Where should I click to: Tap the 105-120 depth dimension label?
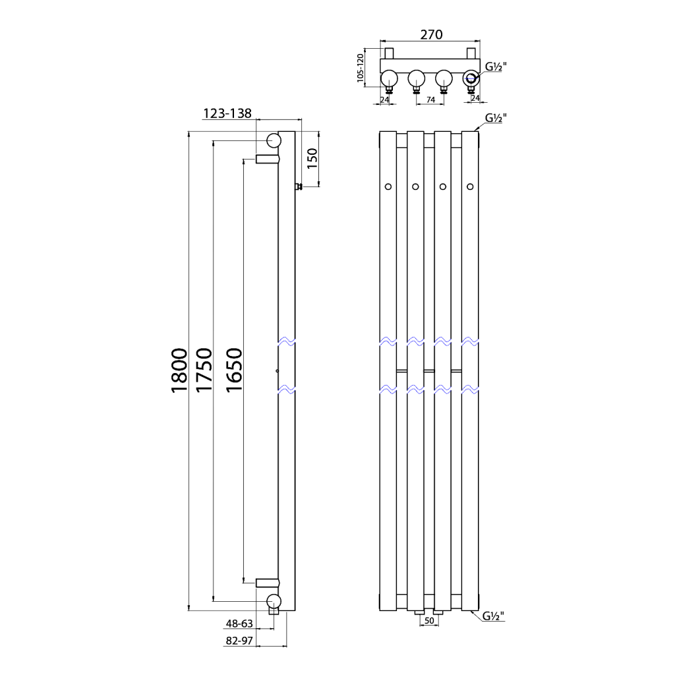tap(361, 68)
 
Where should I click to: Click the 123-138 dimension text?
tap(227, 113)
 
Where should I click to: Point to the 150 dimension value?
tap(312, 159)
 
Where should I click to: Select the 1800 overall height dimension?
tap(180, 370)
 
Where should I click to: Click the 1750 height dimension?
tap(204, 370)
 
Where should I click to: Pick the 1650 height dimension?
tap(235, 370)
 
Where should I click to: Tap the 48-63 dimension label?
tap(239, 623)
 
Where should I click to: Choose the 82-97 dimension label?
tap(239, 640)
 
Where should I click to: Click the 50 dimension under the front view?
tap(428, 621)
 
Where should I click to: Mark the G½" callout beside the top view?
tap(495, 66)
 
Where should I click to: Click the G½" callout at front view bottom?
tap(493, 616)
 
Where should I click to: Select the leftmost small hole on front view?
tap(388, 187)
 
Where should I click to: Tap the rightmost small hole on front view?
tap(470, 187)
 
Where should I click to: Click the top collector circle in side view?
tap(273, 140)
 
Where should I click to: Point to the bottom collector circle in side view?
tap(273, 600)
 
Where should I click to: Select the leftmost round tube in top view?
tap(389, 78)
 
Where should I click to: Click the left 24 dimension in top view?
tap(384, 100)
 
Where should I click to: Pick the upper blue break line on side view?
tap(286, 342)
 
